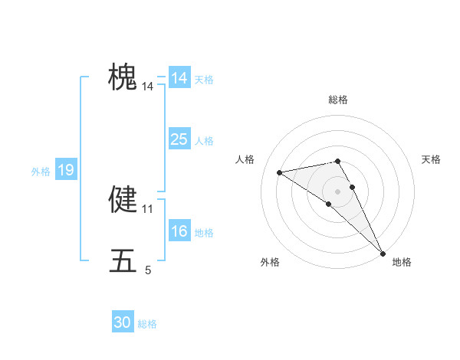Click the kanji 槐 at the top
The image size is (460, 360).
pos(123,77)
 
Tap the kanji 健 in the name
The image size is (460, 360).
pos(123,198)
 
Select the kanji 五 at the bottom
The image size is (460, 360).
pos(123,260)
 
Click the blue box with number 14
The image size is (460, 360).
pos(179,78)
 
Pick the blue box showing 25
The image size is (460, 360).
pos(179,139)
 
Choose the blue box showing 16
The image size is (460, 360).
pos(179,231)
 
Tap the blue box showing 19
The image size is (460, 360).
pos(66,170)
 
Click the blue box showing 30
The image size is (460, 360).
pos(123,322)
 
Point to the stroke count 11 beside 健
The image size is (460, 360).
pos(148,208)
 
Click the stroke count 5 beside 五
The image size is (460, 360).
pos(148,270)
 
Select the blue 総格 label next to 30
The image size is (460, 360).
pos(147,324)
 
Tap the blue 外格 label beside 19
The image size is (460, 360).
pos(41,172)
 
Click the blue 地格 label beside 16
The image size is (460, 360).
pos(204,233)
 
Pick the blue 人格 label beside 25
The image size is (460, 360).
pos(204,141)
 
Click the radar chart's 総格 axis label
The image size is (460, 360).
pos(338,100)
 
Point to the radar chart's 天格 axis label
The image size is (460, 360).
pos(432,159)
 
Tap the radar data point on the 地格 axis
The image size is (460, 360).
pos(383,253)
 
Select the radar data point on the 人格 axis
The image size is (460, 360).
pos(280,172)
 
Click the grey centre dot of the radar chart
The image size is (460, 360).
pos(337,191)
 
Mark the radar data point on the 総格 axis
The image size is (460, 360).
pos(337,161)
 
